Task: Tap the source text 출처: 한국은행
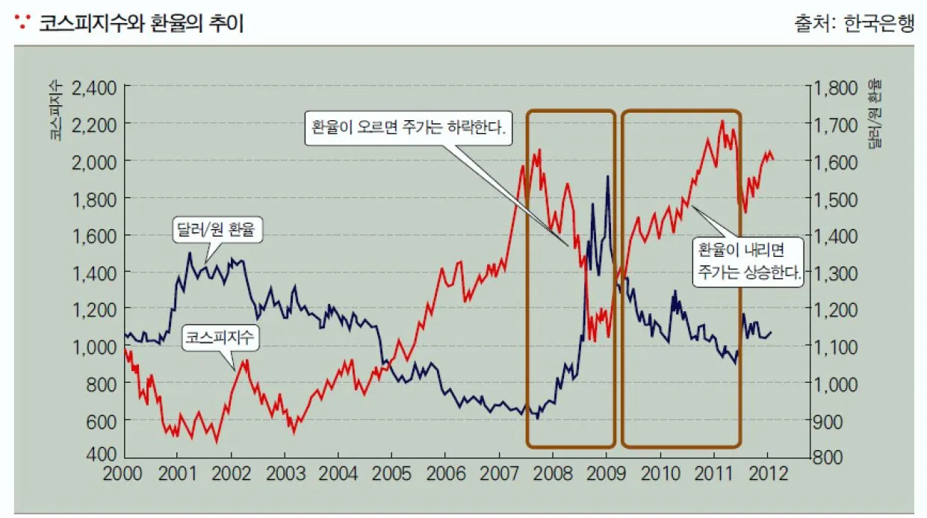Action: (x=855, y=24)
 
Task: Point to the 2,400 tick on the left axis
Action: (x=95, y=87)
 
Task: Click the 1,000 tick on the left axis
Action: (x=95, y=346)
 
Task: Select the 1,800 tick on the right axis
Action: (x=838, y=87)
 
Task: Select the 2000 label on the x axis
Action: (x=124, y=475)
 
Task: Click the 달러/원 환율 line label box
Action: (x=217, y=230)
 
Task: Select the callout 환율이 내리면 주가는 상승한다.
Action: (x=749, y=260)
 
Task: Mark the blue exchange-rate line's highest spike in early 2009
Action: (x=607, y=177)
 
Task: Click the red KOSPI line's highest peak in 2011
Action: (x=722, y=121)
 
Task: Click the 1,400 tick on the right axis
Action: (x=838, y=236)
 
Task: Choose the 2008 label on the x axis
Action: (x=553, y=475)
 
